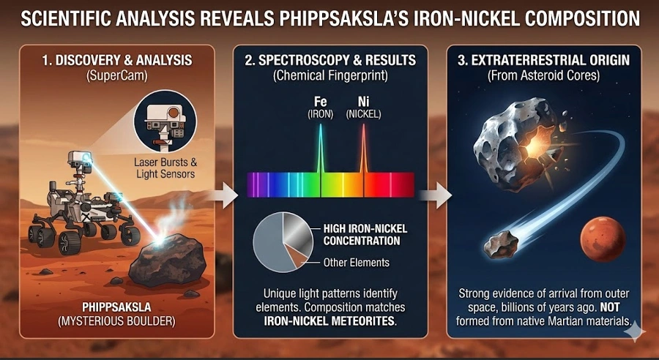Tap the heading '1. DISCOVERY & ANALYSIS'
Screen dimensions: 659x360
(x=117, y=60)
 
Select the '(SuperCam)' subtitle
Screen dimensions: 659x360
(x=117, y=76)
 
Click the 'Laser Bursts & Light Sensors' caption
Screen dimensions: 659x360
(x=165, y=168)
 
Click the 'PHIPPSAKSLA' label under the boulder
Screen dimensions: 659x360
(x=116, y=307)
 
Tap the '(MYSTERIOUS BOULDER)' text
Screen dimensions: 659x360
(x=116, y=322)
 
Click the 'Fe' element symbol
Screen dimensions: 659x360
(x=320, y=102)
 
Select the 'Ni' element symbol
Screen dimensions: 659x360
(x=363, y=102)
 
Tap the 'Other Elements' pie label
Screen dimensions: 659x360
(x=356, y=263)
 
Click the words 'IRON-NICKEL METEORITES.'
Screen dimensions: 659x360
(x=330, y=321)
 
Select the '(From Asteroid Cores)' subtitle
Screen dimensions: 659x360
(x=543, y=76)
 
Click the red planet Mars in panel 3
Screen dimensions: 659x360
(x=603, y=239)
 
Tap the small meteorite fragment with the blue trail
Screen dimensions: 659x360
(x=501, y=244)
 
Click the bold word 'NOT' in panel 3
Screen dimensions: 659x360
(x=610, y=307)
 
